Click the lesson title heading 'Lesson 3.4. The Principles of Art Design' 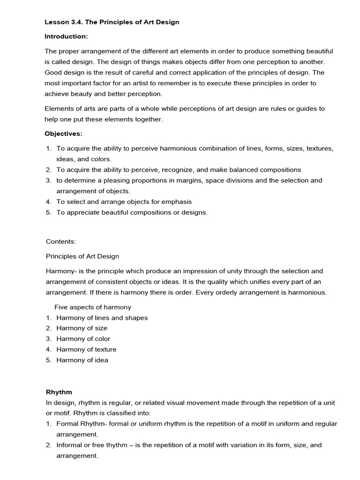(112, 22)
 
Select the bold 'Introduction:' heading (66, 36)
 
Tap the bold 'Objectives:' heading (63, 134)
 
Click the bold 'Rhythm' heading (59, 392)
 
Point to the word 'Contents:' (60, 241)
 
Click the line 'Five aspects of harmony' (93, 307)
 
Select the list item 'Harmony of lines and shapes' (102, 318)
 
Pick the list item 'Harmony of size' (82, 328)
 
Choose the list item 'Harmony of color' (83, 339)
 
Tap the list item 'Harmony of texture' (86, 349)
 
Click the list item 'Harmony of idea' (82, 360)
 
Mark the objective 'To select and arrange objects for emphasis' (124, 202)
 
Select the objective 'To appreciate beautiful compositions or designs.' (132, 212)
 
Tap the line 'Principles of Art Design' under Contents (82, 256)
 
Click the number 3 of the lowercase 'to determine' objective (48, 180)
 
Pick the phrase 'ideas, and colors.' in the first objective (84, 159)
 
